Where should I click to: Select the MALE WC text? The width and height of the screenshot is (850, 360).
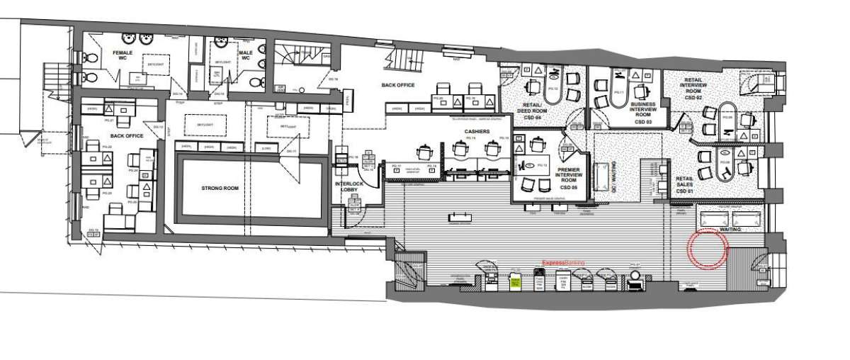tap(246, 55)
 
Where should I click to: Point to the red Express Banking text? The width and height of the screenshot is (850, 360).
tap(563, 263)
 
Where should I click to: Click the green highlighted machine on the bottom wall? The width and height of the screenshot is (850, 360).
tap(515, 282)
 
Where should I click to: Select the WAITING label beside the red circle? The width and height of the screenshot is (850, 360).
tap(730, 230)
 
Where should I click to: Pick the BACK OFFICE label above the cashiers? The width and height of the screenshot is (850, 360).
tap(397, 85)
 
